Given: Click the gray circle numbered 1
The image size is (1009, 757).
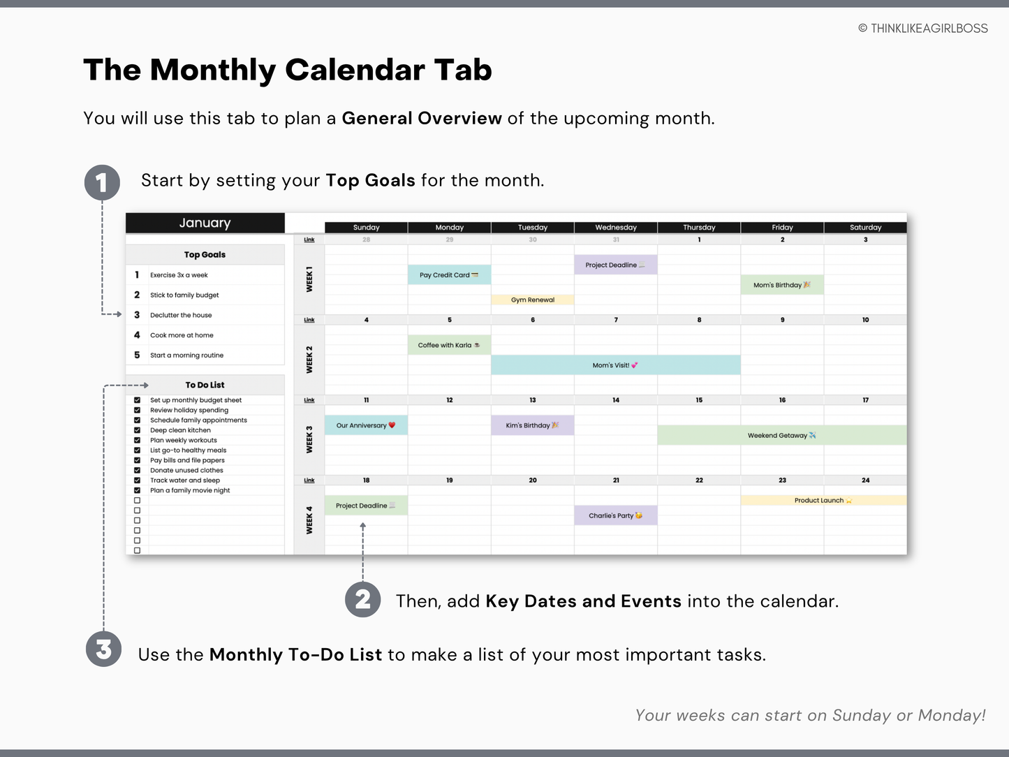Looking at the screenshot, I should pyautogui.click(x=102, y=183).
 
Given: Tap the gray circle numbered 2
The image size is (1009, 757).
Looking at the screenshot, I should pyautogui.click(x=362, y=599).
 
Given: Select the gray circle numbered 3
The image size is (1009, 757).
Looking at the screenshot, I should pyautogui.click(x=103, y=649).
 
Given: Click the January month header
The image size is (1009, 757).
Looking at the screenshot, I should pyautogui.click(x=205, y=223).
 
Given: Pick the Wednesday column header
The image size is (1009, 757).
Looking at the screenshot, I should pyautogui.click(x=615, y=227).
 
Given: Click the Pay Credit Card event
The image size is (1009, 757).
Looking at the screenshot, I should pyautogui.click(x=449, y=275).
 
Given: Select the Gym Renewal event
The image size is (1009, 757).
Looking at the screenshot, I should pyautogui.click(x=532, y=300).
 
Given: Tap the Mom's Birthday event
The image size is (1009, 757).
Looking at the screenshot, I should pyautogui.click(x=781, y=285).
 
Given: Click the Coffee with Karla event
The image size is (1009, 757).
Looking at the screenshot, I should pyautogui.click(x=449, y=345).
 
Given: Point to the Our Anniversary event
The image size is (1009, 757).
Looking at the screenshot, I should pyautogui.click(x=365, y=425).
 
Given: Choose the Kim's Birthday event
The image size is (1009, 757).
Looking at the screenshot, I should pyautogui.click(x=532, y=425).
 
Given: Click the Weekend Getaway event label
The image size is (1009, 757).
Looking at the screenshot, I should pyautogui.click(x=781, y=435).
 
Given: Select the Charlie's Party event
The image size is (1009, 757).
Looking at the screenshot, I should pyautogui.click(x=615, y=515).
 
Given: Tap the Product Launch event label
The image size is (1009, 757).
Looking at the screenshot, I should pyautogui.click(x=823, y=500).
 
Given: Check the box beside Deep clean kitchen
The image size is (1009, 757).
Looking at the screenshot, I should pyautogui.click(x=137, y=430).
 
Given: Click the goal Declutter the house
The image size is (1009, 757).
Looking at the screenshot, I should pyautogui.click(x=181, y=315).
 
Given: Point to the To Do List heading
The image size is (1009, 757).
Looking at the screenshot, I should pyautogui.click(x=205, y=385).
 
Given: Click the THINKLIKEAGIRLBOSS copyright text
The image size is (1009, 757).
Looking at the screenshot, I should pyautogui.click(x=922, y=28).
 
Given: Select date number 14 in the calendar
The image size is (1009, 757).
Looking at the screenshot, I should pyautogui.click(x=615, y=400).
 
